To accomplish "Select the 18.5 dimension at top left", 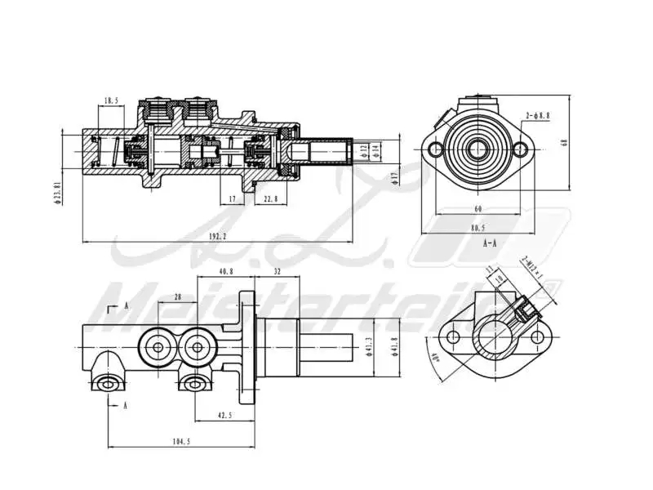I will pyautogui.click(x=112, y=101).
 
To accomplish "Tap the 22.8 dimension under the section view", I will pyautogui.click(x=270, y=198).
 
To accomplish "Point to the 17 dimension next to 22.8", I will pyautogui.click(x=232, y=198).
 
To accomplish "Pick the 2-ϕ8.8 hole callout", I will pyautogui.click(x=538, y=116).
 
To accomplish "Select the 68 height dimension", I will pyautogui.click(x=564, y=142).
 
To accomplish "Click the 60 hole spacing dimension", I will pyautogui.click(x=477, y=209).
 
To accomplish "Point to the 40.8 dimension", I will pyautogui.click(x=225, y=271).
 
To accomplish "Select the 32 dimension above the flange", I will pyautogui.click(x=277, y=271).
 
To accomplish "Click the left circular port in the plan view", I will pyautogui.click(x=156, y=349).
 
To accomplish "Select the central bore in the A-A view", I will pyautogui.click(x=477, y=149).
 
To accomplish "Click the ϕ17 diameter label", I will pyautogui.click(x=394, y=177).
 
